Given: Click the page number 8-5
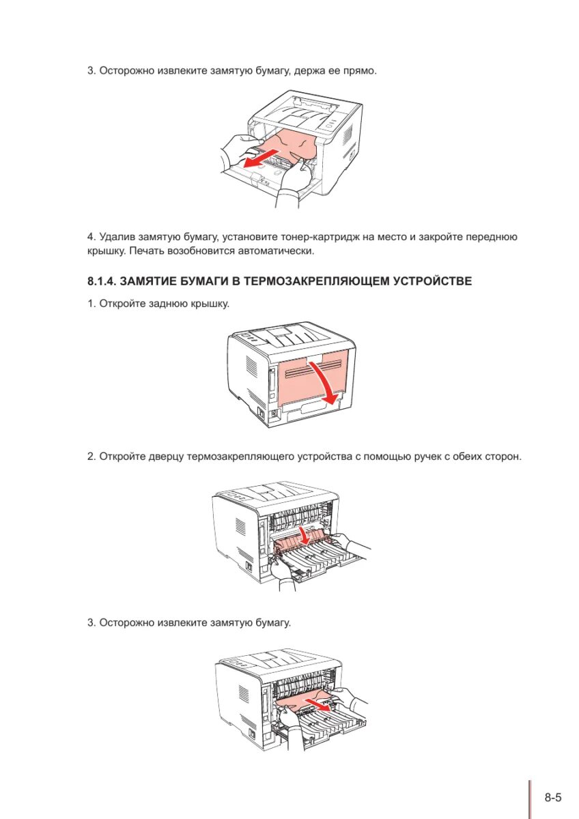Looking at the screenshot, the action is point(553,797).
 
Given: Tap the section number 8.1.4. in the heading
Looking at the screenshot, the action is point(104,281).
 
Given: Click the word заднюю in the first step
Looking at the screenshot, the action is point(162,303).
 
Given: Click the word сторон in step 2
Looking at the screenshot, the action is point(502,456).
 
